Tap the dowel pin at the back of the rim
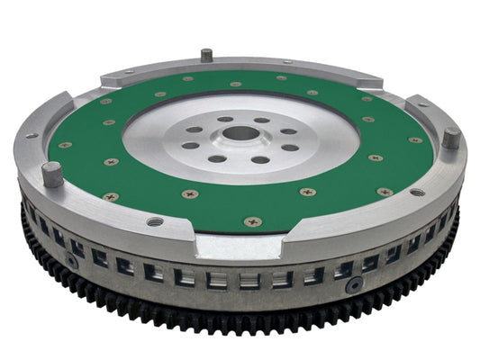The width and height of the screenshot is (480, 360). click(206, 55)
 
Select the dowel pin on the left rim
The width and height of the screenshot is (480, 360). click(52, 173)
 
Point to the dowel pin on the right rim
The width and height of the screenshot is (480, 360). click(450, 139)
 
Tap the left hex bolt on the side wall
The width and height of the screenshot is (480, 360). click(68, 261)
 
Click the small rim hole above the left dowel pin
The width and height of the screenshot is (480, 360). click(32, 136)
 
